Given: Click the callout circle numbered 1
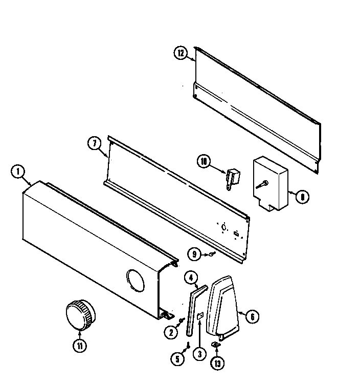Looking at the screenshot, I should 18,172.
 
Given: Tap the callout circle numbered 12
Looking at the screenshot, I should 180,53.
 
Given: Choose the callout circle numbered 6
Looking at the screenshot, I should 251,317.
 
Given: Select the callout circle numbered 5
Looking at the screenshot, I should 177,360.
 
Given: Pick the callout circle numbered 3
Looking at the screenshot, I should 198,353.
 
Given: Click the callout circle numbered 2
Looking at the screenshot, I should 171,332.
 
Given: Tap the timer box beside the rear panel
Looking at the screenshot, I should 271,182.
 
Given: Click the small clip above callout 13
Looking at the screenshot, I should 216,345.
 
